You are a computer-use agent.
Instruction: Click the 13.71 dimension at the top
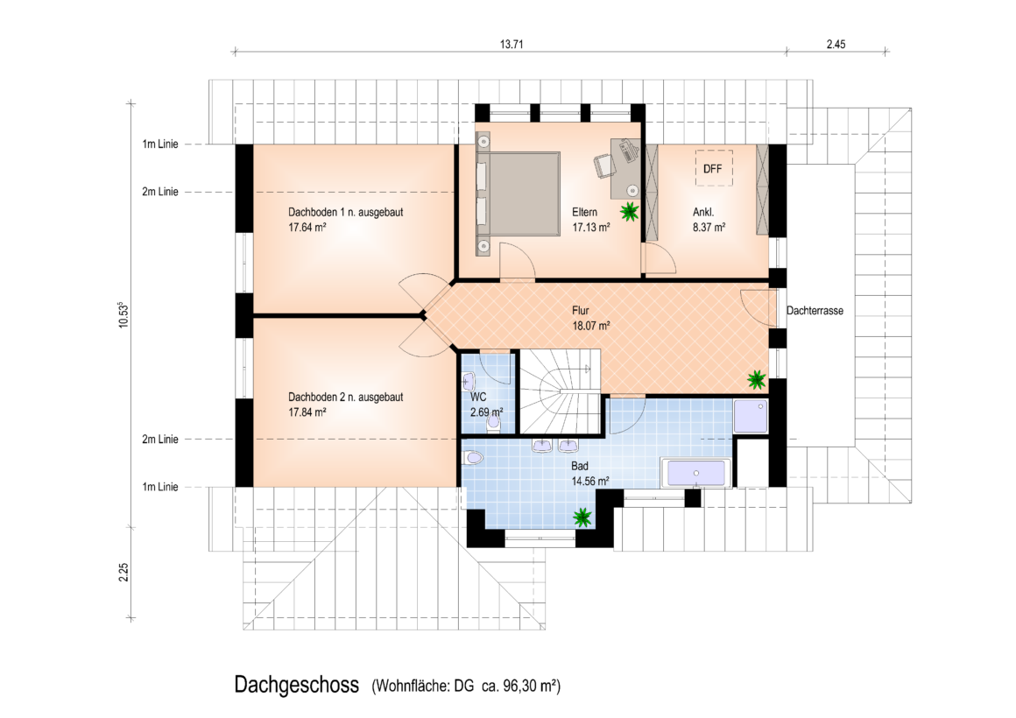pyautogui.click(x=512, y=44)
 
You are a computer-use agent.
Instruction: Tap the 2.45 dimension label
pyautogui.click(x=836, y=44)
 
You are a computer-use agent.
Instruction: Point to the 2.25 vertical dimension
pyautogui.click(x=123, y=572)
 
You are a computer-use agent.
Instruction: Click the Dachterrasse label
pyautogui.click(x=815, y=310)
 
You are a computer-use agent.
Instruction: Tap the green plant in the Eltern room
pyautogui.click(x=629, y=211)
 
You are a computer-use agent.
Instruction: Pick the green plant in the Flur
pyautogui.click(x=756, y=379)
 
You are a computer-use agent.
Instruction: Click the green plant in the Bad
pyautogui.click(x=582, y=517)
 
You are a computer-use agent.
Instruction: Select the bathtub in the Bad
pyautogui.click(x=696, y=473)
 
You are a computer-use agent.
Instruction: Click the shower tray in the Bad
pyautogui.click(x=751, y=416)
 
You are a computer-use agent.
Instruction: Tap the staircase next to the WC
pyautogui.click(x=561, y=391)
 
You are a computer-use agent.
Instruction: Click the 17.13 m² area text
pyautogui.click(x=591, y=228)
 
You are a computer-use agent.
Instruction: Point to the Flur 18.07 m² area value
pyautogui.click(x=591, y=326)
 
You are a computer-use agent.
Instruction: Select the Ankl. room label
pyautogui.click(x=703, y=212)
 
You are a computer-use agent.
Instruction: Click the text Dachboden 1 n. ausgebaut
pyautogui.click(x=345, y=212)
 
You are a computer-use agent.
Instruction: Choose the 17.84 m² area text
pyautogui.click(x=307, y=412)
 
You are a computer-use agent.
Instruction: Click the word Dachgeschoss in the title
pyautogui.click(x=297, y=685)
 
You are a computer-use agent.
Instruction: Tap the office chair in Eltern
pyautogui.click(x=603, y=165)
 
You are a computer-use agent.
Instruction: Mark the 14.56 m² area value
pyautogui.click(x=590, y=482)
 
